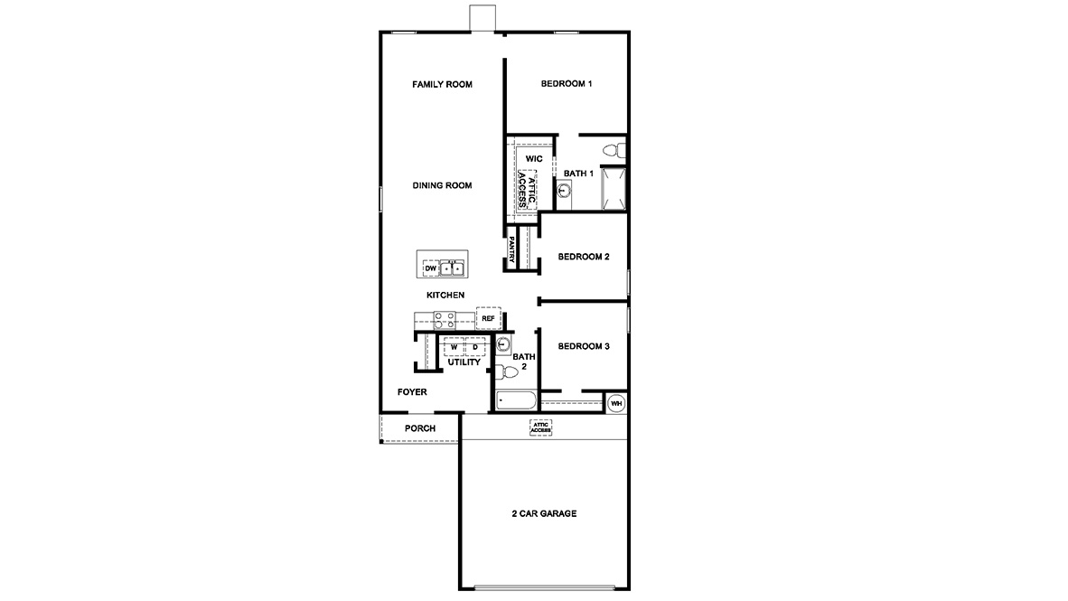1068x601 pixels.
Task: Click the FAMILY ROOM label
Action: point(442,84)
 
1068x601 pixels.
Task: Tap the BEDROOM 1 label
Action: point(566,84)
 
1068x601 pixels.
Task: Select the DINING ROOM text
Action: point(442,185)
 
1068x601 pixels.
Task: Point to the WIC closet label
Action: point(533,159)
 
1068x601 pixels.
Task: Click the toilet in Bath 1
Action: point(612,149)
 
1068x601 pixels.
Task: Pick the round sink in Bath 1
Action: point(563,190)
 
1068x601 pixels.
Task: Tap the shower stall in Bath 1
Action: point(614,189)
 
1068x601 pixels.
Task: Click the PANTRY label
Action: point(511,250)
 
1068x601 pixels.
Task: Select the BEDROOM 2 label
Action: point(583,257)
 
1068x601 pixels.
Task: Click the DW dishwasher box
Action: point(430,268)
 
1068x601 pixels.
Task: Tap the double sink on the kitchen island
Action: point(453,268)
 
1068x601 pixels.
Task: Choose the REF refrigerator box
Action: point(488,318)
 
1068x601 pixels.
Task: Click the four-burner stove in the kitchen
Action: point(444,319)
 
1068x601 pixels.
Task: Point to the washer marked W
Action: point(454,347)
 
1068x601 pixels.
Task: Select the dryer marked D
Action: point(475,347)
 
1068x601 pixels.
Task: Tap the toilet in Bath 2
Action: point(509,371)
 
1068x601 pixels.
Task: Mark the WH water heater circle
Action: point(616,403)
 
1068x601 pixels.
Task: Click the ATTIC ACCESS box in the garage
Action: point(540,427)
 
